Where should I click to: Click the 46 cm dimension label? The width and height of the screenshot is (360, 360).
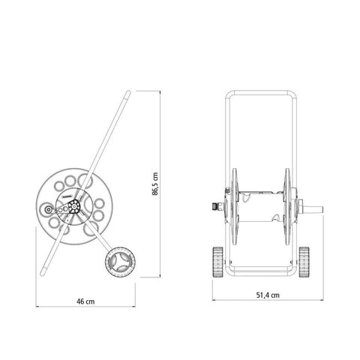click(x=85, y=301)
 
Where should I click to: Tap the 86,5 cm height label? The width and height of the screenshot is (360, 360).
click(x=155, y=184)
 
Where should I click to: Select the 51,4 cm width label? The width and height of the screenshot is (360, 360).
click(x=268, y=295)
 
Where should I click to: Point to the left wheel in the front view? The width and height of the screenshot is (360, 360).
click(x=217, y=262)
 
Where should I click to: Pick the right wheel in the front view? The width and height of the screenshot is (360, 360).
click(x=304, y=262)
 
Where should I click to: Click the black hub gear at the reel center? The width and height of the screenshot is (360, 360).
click(x=74, y=206)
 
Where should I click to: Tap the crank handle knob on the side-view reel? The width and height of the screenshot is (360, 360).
click(x=47, y=209)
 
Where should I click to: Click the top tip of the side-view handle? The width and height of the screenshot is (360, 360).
click(x=129, y=91)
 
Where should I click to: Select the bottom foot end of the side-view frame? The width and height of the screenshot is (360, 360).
click(x=43, y=273)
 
